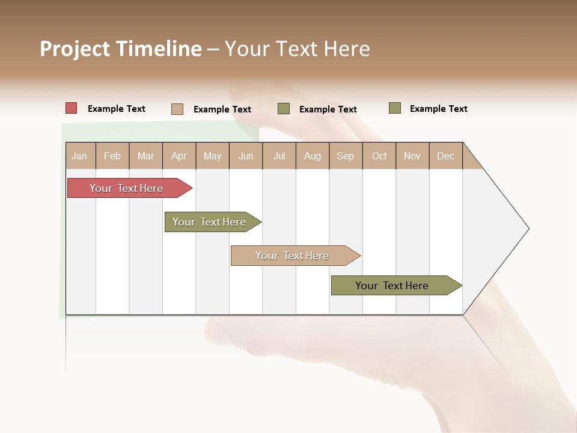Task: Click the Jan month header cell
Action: [x=80, y=156]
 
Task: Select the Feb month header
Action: [x=112, y=156]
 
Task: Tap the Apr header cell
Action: [x=179, y=156]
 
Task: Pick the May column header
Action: [x=212, y=156]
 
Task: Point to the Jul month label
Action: [x=279, y=156]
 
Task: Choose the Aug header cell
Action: [x=313, y=156]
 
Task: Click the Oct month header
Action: [x=379, y=156]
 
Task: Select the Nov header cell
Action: [x=412, y=156]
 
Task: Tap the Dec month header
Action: [x=446, y=156]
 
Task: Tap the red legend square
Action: [x=72, y=108]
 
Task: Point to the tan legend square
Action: [x=177, y=109]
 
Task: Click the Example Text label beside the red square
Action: [x=117, y=109]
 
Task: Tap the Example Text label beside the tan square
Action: [x=222, y=109]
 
